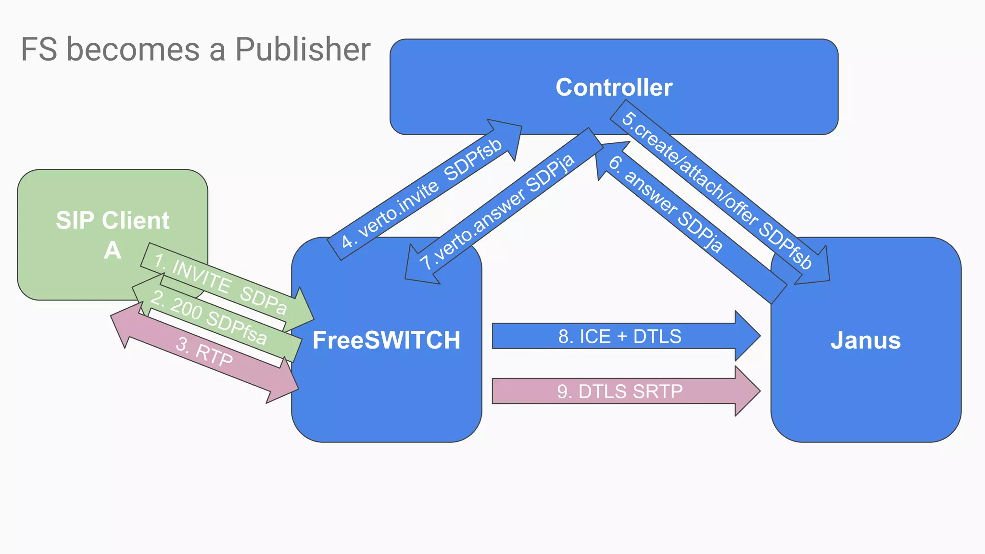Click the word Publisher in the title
(303, 50)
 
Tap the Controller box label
(614, 88)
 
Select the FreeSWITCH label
(386, 340)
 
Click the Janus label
(865, 340)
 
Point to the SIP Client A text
(113, 235)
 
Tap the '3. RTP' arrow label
(204, 352)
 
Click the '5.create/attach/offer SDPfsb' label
(717, 190)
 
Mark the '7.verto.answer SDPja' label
(497, 212)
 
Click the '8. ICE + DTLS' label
(619, 336)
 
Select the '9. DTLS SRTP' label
(619, 391)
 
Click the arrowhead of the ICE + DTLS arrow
(746, 336)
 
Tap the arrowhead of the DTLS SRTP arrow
(746, 391)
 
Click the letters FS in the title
(39, 50)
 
